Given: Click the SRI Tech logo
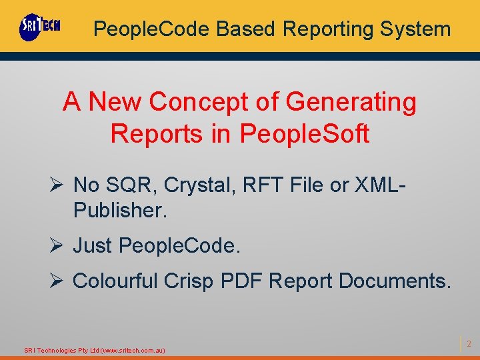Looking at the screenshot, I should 40,27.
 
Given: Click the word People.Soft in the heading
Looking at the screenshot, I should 304,133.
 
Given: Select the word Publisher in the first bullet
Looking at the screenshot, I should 118,211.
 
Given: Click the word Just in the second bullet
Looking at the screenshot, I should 93,246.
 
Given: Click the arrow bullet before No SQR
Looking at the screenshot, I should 57,184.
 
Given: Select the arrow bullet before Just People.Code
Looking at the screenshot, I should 57,246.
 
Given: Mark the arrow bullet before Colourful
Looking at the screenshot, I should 57,281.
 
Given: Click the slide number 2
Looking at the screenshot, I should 469,344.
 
